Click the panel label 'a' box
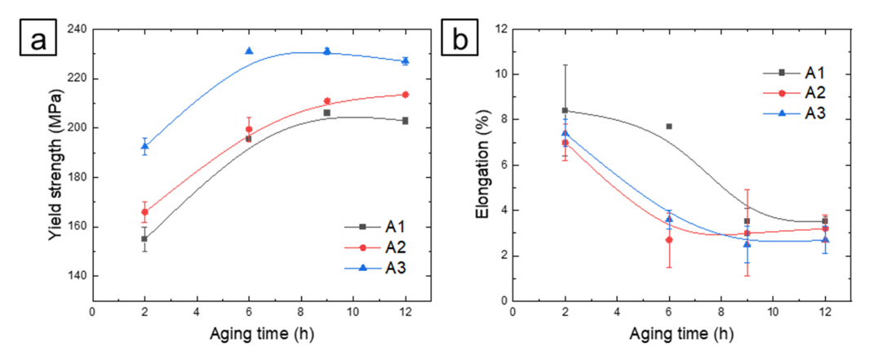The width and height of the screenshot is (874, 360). click(x=38, y=38)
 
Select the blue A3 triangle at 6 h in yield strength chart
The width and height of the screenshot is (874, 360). click(x=249, y=51)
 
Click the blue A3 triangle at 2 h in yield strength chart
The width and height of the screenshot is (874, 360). click(x=144, y=147)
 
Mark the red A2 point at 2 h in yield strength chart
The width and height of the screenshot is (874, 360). click(x=144, y=212)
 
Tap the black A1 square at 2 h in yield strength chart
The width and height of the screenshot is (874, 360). click(x=144, y=239)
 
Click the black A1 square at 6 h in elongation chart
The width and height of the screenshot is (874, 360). click(x=669, y=127)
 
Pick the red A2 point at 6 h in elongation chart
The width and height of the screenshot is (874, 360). click(x=669, y=240)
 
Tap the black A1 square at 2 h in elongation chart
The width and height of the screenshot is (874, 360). click(x=565, y=110)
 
